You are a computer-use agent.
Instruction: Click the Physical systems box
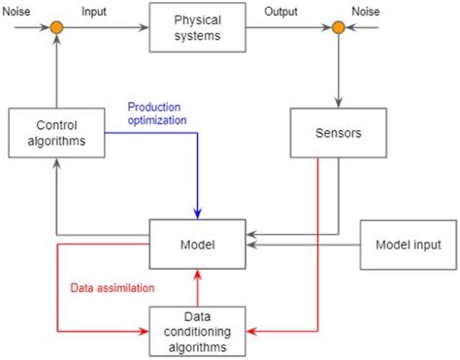[198, 27]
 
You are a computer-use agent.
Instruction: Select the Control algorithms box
[57, 133]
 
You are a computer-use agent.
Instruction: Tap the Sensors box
[338, 133]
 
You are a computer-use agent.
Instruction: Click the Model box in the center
[198, 244]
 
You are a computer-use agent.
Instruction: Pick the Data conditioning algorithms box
[198, 332]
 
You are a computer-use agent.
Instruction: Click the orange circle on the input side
[57, 27]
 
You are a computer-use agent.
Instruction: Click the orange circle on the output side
[338, 27]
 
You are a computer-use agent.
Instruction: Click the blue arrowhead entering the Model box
[198, 213]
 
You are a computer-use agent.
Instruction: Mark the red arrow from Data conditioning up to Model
[198, 287]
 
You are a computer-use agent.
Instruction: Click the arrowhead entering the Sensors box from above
[338, 102]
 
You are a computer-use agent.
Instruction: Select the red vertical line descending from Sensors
[318, 243]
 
